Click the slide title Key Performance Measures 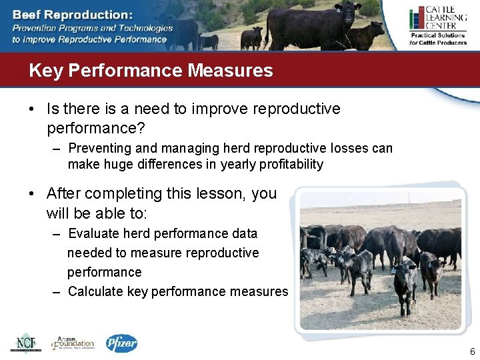click(151, 71)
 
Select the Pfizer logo click(121, 343)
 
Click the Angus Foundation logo click(73, 343)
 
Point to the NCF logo click(25, 343)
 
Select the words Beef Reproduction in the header click(73, 14)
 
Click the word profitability click(291, 164)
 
